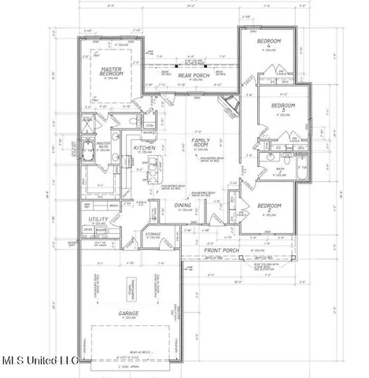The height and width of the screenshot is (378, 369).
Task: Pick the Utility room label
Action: pos(98,220)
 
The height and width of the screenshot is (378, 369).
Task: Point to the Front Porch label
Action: pos(237,252)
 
